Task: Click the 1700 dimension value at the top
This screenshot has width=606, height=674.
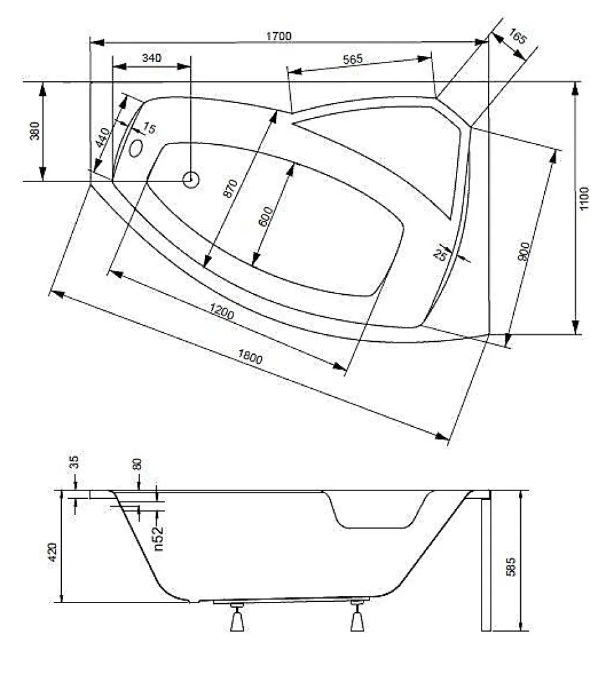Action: [x=279, y=36]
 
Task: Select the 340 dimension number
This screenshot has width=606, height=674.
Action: [x=151, y=58]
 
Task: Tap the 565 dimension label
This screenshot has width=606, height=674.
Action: [x=353, y=59]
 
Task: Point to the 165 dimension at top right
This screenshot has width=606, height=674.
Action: [x=517, y=37]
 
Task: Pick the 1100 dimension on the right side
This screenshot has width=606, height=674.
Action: [x=584, y=198]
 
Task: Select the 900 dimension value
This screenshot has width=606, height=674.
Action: [x=523, y=252]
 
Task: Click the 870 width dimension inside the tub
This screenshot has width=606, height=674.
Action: [x=231, y=188]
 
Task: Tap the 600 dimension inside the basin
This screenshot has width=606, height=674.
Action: [x=266, y=216]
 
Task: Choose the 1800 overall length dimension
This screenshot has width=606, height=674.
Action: [x=249, y=357]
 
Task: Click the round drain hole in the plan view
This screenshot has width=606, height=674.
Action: [x=191, y=179]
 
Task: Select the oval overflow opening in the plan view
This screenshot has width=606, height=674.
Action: [x=136, y=148]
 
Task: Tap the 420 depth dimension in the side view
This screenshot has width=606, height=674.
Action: [x=52, y=552]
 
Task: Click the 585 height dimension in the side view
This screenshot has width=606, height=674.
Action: [x=510, y=566]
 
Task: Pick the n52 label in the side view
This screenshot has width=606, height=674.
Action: [x=159, y=538]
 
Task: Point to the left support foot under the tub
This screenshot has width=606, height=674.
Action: [x=237, y=617]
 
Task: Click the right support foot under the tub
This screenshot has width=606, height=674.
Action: [x=357, y=617]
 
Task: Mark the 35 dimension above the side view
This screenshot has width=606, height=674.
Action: [x=74, y=462]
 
